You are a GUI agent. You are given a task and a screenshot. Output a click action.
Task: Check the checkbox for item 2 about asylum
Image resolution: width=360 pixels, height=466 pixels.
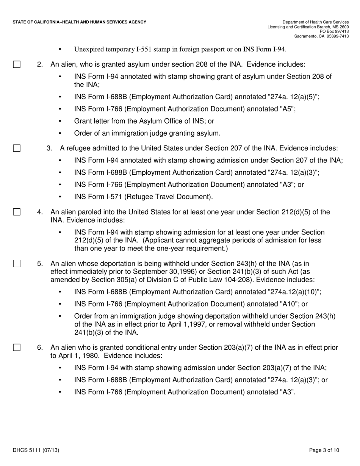[17, 65]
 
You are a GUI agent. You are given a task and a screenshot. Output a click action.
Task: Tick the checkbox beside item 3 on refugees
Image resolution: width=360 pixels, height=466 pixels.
[17, 148]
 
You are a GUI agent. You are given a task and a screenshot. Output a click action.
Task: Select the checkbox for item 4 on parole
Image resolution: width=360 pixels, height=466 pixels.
[17, 212]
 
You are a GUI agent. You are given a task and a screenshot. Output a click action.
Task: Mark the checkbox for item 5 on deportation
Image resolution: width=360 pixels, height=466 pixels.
[17, 264]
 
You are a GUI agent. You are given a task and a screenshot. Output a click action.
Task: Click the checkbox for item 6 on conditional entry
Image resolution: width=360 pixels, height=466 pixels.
[17, 347]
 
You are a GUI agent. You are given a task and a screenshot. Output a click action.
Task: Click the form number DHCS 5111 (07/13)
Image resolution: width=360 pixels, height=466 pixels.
[36, 450]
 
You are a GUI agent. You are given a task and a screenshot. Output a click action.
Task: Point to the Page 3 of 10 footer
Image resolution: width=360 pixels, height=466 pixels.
[324, 450]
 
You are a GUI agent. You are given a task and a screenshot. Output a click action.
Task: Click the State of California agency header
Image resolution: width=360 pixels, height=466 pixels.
[79, 22]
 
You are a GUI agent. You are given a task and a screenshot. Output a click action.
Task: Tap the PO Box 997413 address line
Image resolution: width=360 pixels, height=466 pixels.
[334, 31]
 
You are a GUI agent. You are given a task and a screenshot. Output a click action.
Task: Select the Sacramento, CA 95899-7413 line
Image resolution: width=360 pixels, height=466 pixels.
[321, 36]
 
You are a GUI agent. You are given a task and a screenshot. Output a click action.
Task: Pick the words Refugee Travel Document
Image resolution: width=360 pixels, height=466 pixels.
[170, 197]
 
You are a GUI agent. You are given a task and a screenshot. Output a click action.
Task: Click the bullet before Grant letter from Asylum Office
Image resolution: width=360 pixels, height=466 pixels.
[60, 121]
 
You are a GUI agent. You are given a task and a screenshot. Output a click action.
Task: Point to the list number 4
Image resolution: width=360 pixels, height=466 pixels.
[40, 212]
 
